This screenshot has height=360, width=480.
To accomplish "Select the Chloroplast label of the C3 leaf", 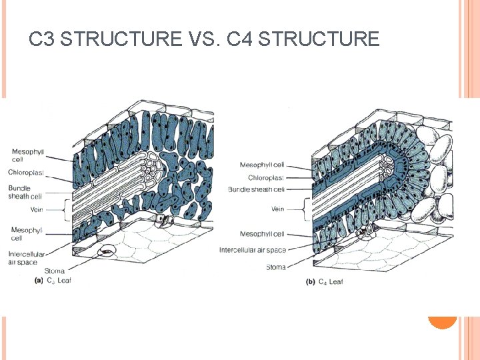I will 26,173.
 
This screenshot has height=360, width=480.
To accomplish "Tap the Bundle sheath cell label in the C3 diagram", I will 25,192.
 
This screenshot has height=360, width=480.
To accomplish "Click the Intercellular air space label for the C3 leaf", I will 27,258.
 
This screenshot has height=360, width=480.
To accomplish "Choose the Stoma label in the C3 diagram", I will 54,271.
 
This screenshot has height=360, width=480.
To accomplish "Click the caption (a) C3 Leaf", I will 53,280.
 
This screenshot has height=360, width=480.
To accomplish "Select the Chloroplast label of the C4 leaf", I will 266,178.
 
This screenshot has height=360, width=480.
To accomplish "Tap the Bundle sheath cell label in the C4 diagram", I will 256,190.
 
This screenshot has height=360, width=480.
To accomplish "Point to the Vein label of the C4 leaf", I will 277,209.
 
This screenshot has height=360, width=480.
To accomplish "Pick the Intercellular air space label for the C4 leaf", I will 253,250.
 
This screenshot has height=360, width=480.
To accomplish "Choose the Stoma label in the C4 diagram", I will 275,267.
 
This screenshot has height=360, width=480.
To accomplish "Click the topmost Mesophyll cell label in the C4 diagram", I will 262,165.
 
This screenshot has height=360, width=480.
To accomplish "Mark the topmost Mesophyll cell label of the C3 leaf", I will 27,155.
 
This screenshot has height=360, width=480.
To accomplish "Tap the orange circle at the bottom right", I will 442,319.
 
